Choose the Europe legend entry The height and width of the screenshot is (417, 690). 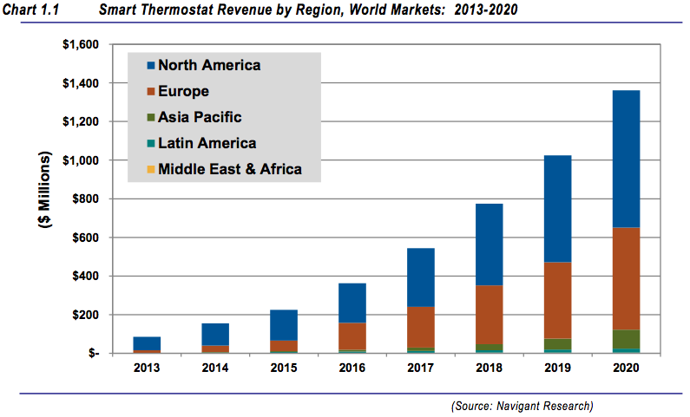pos(182,91)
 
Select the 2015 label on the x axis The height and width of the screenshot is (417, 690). pos(285,368)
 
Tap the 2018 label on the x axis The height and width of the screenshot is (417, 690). pos(489,368)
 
